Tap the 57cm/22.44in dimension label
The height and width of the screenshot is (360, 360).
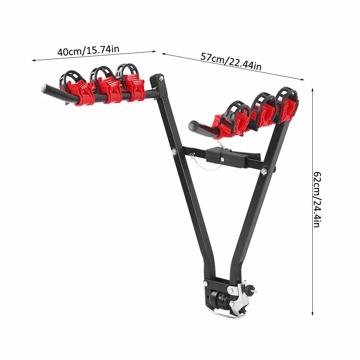pos(231,61)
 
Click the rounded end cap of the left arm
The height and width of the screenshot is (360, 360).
pos(44,88)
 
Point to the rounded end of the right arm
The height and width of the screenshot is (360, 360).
pos(192,126)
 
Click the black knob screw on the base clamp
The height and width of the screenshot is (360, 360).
pos(252,288)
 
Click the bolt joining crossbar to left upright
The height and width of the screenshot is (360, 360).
pos(174,151)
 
